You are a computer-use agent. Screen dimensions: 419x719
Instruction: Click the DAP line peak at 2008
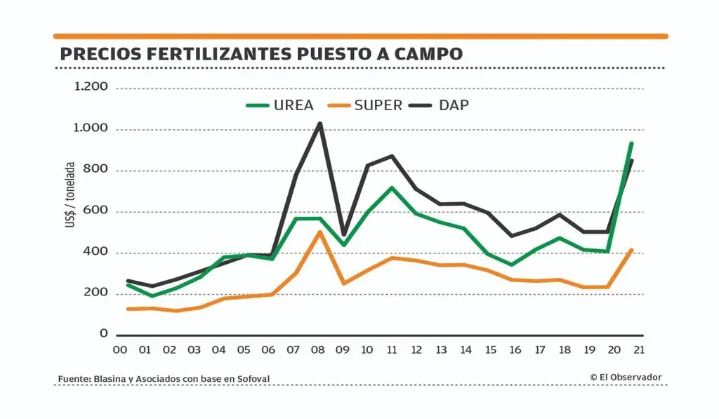point(320,124)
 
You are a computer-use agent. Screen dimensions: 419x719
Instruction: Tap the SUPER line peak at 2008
point(320,232)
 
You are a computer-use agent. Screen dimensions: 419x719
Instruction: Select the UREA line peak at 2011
point(392,188)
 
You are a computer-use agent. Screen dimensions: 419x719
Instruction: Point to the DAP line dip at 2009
point(344,234)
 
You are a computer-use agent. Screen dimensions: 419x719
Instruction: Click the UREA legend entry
point(279,105)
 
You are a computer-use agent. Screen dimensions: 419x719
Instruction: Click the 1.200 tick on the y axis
point(91,87)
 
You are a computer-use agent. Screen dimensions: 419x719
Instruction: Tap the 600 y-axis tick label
point(97,211)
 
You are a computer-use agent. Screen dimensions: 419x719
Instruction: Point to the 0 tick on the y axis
point(103,334)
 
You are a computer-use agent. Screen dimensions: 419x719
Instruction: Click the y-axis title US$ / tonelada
point(70,195)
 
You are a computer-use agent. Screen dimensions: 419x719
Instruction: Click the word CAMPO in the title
point(431,54)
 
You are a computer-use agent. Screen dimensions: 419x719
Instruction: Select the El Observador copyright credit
point(626,378)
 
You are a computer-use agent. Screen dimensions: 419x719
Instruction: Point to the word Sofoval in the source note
point(251,379)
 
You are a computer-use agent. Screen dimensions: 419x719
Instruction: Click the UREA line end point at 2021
point(632,144)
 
